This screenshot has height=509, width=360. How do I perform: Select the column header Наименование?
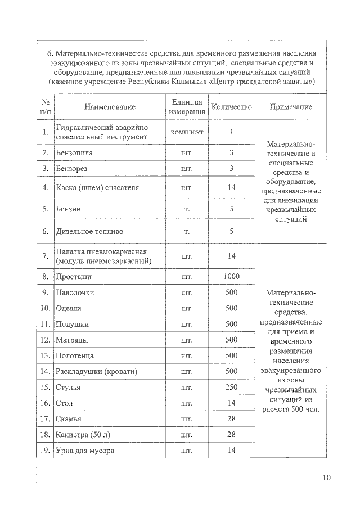point(110,107)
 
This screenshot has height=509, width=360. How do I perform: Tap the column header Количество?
point(231,107)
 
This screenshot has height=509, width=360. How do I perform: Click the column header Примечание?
point(291,107)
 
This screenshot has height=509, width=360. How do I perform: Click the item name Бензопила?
point(75,152)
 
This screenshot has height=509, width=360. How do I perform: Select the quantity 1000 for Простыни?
point(231,277)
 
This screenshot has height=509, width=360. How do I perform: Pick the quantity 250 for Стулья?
point(231,388)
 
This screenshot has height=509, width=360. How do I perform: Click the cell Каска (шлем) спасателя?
point(97,187)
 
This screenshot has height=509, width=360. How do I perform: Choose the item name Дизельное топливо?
point(89,231)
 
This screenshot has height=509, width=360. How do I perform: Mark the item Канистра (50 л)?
point(85,435)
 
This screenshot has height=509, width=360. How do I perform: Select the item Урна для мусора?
point(85,451)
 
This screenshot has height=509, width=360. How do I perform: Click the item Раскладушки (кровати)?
point(97,372)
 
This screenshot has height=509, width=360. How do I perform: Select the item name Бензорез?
point(71,168)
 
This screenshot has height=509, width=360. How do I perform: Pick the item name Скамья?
point(69,419)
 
